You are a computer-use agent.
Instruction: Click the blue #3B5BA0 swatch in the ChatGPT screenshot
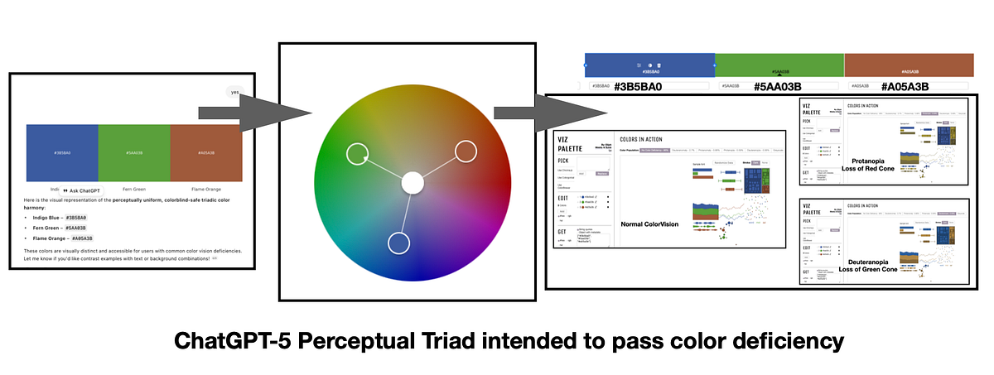[62, 152]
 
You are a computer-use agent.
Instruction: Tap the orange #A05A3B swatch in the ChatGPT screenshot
[206, 152]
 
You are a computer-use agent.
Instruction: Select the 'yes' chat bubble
[235, 92]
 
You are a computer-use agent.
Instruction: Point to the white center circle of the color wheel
[412, 183]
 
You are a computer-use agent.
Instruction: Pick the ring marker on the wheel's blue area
[398, 243]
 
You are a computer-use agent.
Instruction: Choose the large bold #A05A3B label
[905, 86]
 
